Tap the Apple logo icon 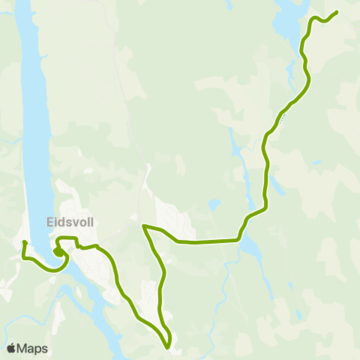tap(12, 348)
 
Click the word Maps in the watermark tap(33, 348)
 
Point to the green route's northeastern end tap(336, 12)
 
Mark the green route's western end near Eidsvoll tap(25, 242)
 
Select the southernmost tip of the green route tap(169, 347)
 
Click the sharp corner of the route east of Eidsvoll tap(143, 225)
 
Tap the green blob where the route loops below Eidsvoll tap(58, 253)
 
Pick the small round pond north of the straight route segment tap(214, 204)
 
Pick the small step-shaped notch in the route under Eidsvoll tap(76, 243)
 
